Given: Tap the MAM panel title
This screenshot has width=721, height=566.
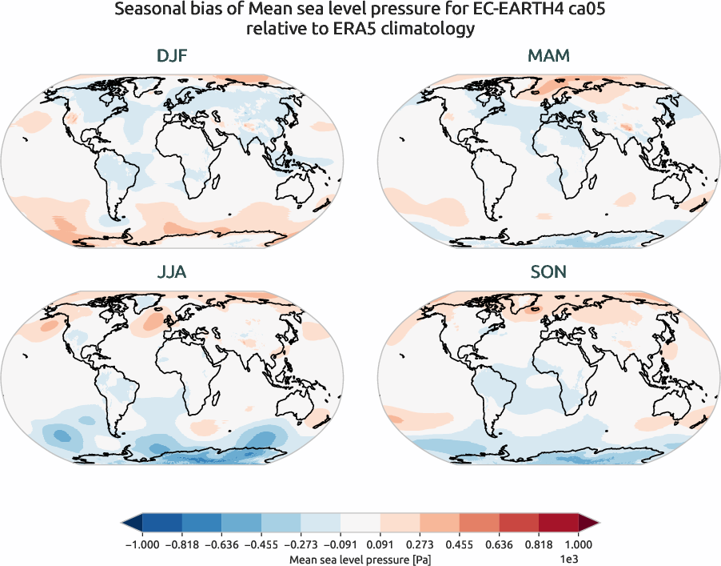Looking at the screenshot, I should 548,57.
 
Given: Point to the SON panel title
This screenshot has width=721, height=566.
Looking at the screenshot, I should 548,272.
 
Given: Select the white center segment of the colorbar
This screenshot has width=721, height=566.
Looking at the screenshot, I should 360,523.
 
